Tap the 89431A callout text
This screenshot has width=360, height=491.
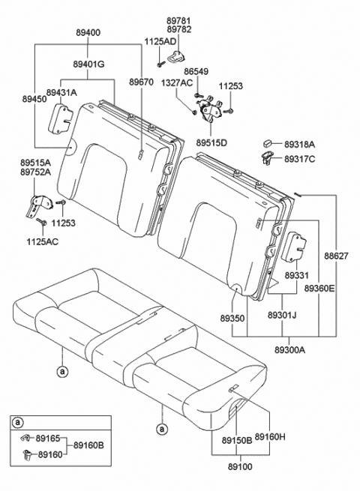pos(62,92)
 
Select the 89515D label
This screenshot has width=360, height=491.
pos(211,142)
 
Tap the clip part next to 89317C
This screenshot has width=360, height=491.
pos(267,157)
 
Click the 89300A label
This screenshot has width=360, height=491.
pos(289,349)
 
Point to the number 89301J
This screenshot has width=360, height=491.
pos(283,316)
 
